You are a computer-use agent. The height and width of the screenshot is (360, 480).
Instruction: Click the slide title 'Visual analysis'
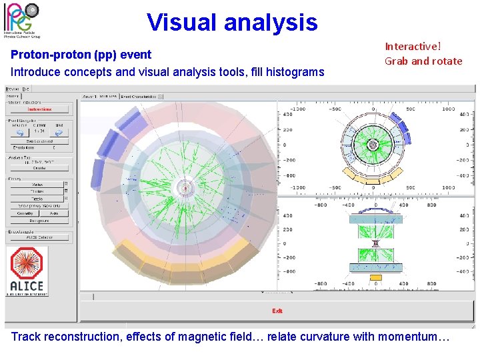pos(232,23)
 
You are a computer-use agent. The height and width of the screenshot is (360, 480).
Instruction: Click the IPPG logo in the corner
pos(22,19)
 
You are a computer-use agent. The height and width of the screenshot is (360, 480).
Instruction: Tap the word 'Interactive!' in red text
pos(413,47)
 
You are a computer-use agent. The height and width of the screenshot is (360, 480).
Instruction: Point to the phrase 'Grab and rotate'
pos(423,61)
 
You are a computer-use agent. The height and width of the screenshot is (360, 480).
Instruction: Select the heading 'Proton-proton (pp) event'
pos(81,55)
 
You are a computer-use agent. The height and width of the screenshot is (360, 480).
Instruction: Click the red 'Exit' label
pos(277,311)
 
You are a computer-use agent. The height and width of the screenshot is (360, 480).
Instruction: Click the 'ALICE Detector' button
pos(39,237)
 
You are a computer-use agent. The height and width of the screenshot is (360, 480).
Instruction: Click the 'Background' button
pos(39,221)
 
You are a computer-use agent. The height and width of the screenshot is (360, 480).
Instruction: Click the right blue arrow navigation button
pos(59,133)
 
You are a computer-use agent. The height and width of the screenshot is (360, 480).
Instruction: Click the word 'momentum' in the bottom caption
pos(409,337)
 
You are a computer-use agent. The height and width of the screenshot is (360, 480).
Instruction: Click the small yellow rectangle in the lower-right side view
pos(375,277)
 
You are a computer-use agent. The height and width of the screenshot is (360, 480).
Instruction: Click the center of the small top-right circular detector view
pos(373,145)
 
